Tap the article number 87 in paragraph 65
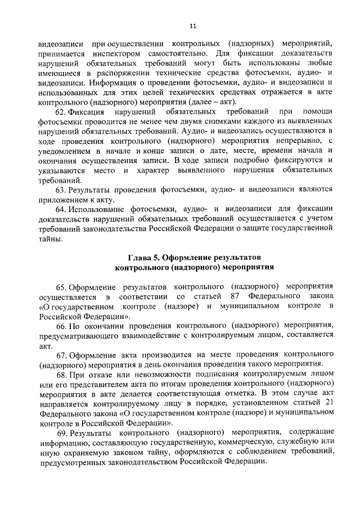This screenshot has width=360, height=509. coord(236,296)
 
